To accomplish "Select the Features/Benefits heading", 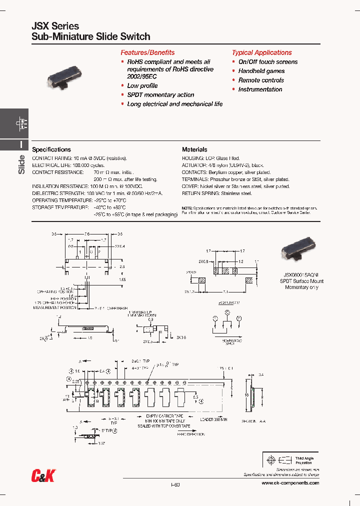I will tap(147, 52).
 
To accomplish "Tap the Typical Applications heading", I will tap(261, 52).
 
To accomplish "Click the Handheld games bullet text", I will tap(261, 71).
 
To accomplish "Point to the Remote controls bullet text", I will tap(261, 80).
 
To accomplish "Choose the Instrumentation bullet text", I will tap(260, 89).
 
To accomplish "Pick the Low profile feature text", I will tap(142, 86).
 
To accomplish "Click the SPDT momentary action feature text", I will tap(160, 95).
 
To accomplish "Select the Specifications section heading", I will tap(51, 149).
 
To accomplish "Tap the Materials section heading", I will tap(194, 149).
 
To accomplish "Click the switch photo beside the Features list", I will tap(63, 82).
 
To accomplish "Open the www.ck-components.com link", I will tap(290, 483).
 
